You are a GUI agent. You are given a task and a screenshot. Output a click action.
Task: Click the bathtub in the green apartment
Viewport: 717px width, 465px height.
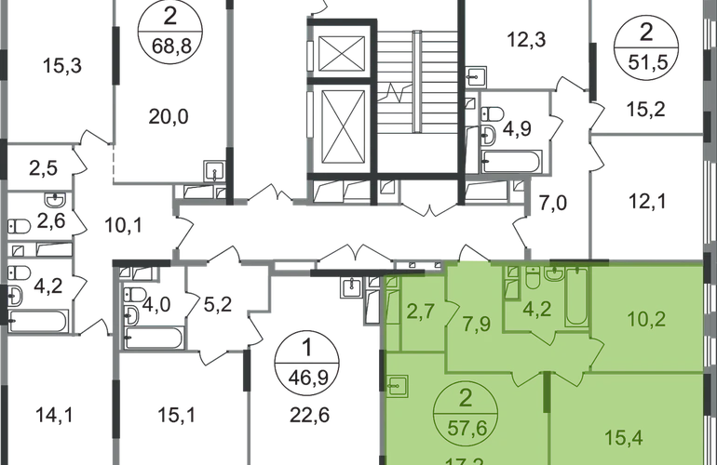[x=575, y=296]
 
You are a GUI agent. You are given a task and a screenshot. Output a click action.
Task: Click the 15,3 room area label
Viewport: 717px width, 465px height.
[x=60, y=64]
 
